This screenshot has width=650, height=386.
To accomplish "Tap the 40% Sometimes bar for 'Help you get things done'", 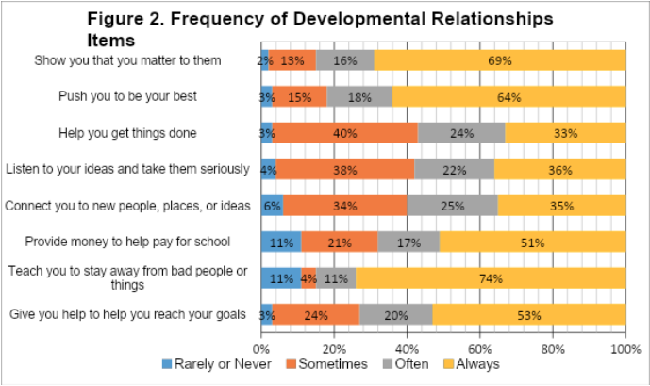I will click(345, 133).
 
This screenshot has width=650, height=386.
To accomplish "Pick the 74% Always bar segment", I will click(490, 277).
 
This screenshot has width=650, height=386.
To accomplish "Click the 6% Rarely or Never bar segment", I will click(273, 205).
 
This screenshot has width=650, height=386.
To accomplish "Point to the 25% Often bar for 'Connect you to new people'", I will click(452, 205).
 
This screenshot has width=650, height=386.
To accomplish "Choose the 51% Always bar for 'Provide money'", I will click(532, 241).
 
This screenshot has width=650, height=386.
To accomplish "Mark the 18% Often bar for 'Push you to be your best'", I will click(359, 96).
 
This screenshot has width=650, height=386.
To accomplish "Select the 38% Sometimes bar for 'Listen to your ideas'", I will click(344, 169).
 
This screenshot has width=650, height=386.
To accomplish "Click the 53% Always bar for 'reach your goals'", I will click(528, 313).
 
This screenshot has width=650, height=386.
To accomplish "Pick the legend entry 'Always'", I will click(472, 363).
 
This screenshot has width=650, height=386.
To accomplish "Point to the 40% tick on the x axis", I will click(407, 346).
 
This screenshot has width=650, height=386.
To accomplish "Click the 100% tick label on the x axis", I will click(625, 346).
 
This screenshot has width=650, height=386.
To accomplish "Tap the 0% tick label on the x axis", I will click(262, 346).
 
